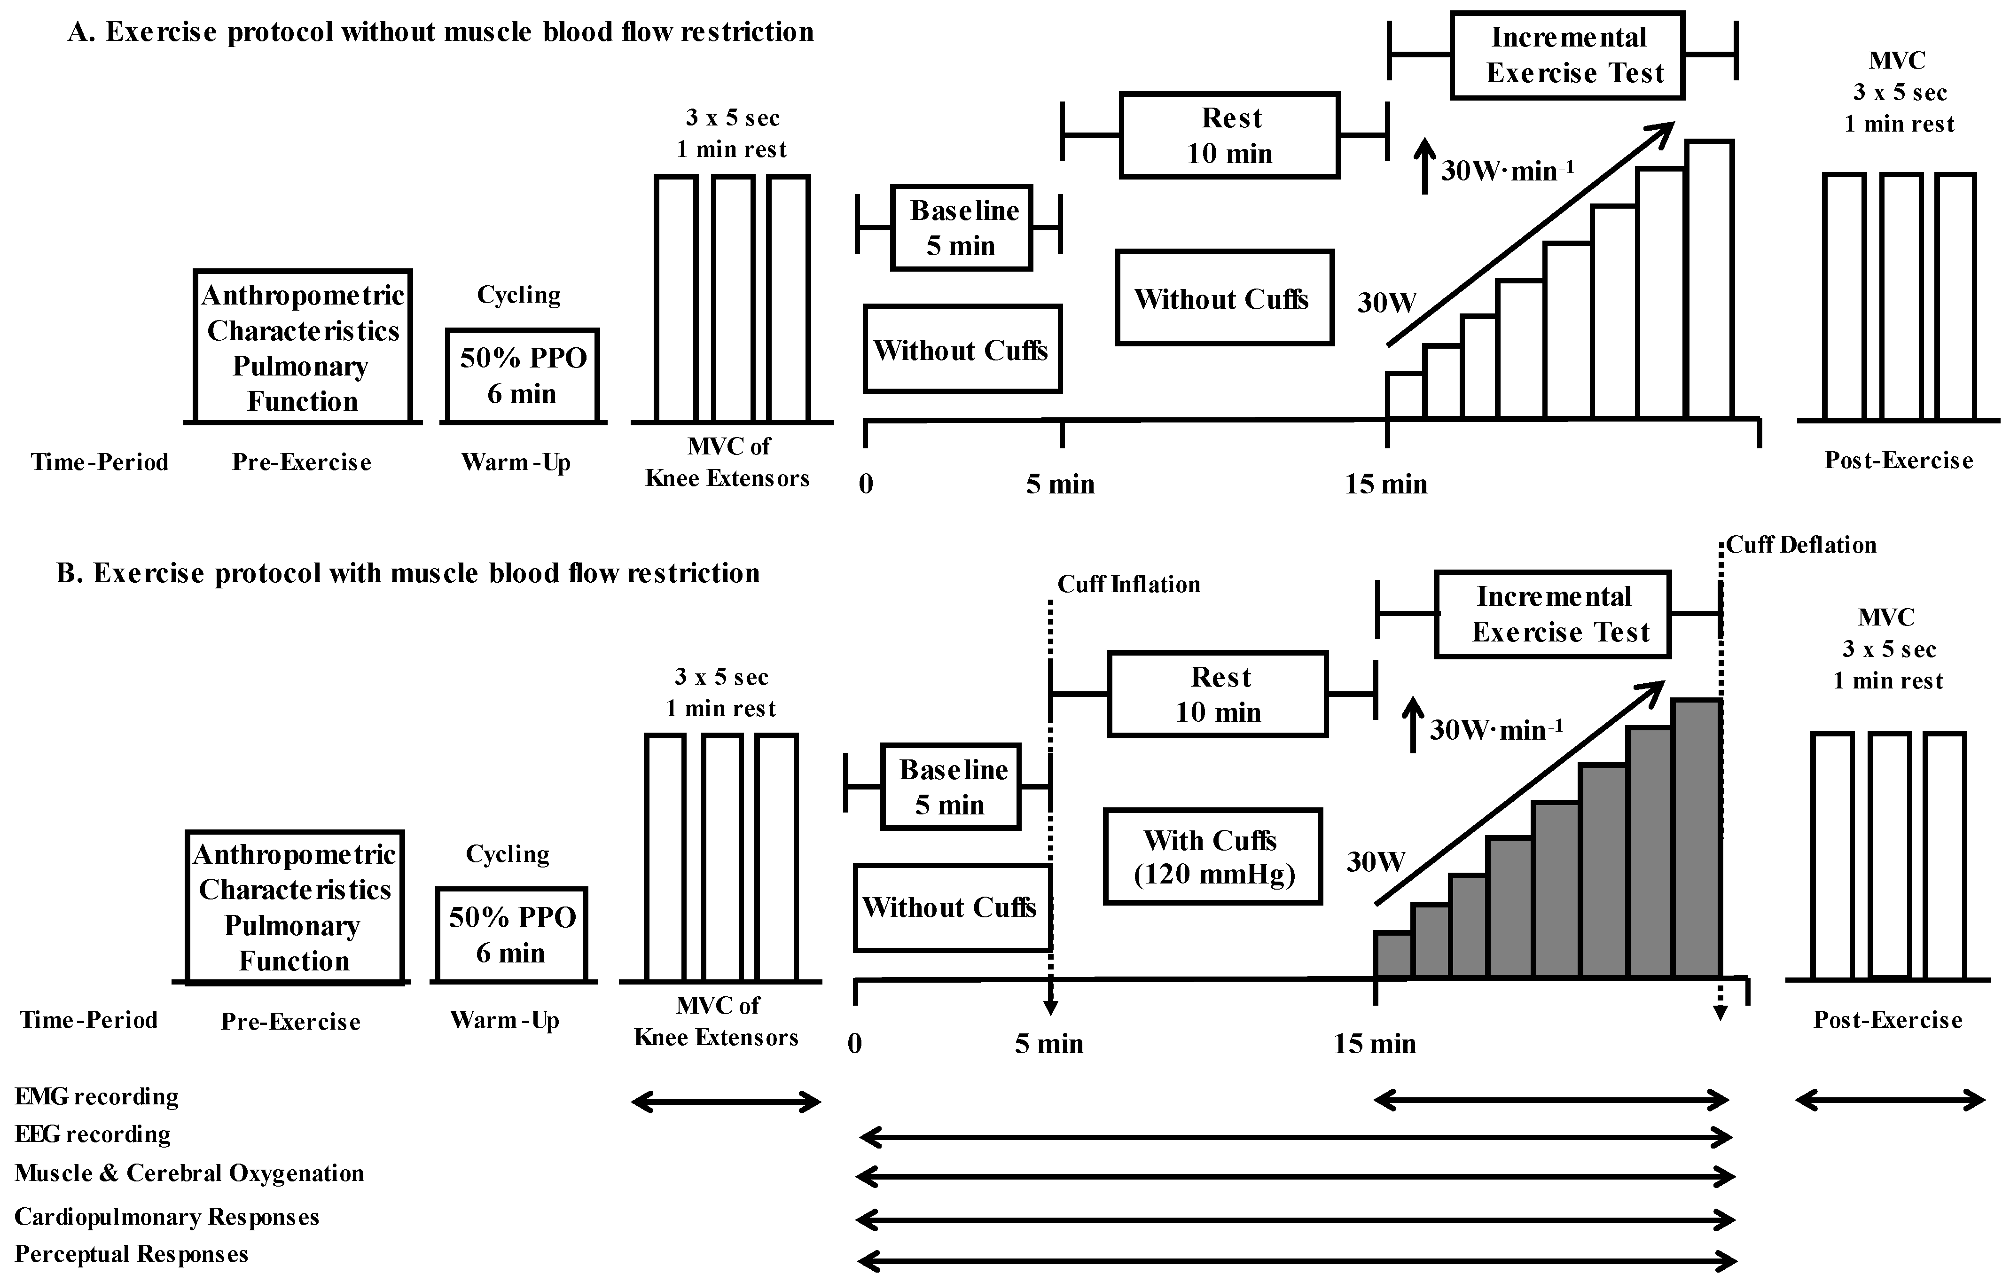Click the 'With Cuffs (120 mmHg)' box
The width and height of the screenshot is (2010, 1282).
tap(1213, 856)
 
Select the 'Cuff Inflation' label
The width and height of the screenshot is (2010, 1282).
tap(1128, 584)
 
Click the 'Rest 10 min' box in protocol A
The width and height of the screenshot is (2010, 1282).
tap(1229, 135)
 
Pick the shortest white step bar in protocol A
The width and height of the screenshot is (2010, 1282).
tap(1405, 396)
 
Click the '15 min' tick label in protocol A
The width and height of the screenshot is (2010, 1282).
tap(1385, 484)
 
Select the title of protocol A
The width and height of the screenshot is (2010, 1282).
tap(441, 31)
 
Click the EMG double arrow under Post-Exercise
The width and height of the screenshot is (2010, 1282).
tap(1890, 1101)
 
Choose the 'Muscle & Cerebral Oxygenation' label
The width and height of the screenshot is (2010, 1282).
tap(189, 1173)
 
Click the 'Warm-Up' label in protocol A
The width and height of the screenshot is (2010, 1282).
tap(516, 462)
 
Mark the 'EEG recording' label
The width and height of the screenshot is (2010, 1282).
tap(93, 1134)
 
